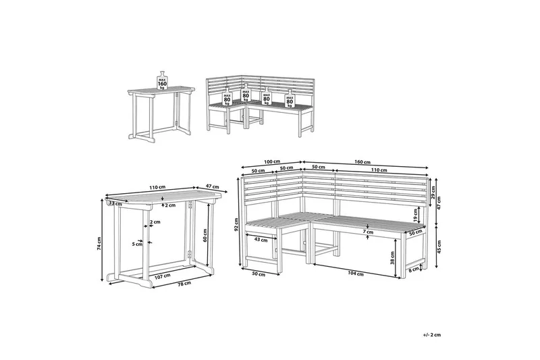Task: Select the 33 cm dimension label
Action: [x=115, y=203]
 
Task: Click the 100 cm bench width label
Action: [x=272, y=162]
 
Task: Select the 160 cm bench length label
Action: [x=362, y=162]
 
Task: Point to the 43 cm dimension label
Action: [x=261, y=239]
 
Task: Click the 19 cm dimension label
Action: [x=415, y=215]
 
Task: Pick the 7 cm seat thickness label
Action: [x=368, y=232]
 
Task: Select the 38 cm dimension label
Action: [x=393, y=256]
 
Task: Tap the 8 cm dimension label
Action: [x=412, y=271]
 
